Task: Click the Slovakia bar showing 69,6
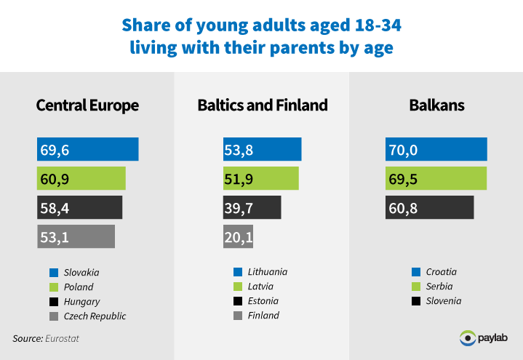tap(88, 149)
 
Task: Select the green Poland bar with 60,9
tap(81, 178)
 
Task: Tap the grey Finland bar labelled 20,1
tap(238, 236)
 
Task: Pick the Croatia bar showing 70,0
tap(436, 149)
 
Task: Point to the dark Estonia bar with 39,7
tap(252, 207)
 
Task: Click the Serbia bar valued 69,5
tap(436, 178)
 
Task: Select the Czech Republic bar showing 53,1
tap(76, 236)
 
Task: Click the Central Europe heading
tap(87, 105)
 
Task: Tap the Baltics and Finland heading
tap(263, 105)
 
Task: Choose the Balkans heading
tap(436, 105)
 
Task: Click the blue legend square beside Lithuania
tap(238, 272)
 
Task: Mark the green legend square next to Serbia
tap(416, 287)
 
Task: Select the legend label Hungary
tap(81, 302)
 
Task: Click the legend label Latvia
tap(260, 287)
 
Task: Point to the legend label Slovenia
tap(444, 301)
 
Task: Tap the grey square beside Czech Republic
tap(54, 316)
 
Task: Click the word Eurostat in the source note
tap(62, 339)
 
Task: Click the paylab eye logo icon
tap(468, 338)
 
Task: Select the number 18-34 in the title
tap(378, 25)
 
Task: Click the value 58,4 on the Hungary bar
tap(55, 208)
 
